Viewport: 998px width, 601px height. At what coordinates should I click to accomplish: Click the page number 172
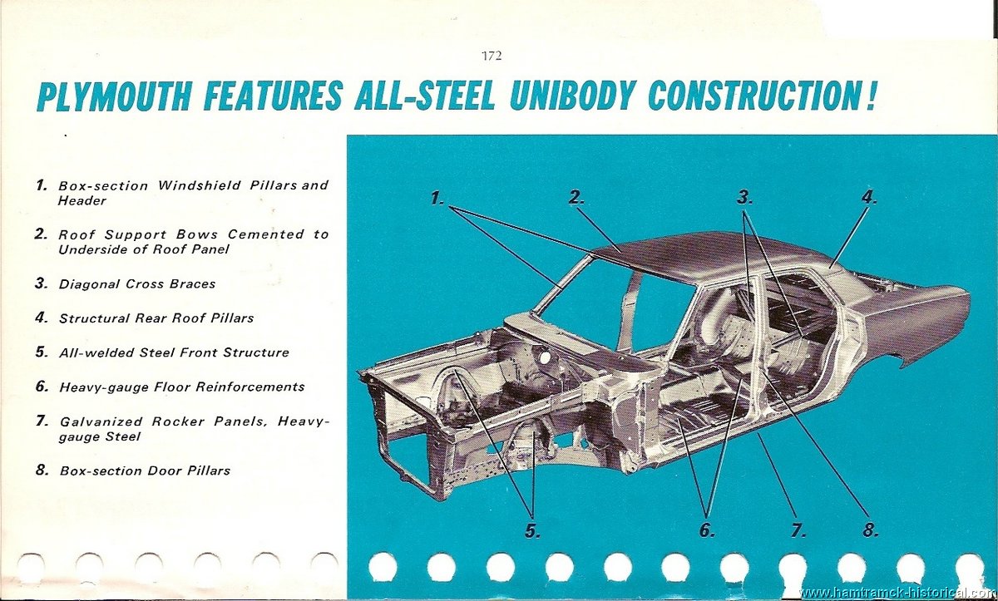(492, 56)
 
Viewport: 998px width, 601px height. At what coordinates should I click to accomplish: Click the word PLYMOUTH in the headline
(115, 96)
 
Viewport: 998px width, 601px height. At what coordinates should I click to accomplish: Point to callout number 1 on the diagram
(437, 198)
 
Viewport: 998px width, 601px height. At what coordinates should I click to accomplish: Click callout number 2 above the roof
(576, 197)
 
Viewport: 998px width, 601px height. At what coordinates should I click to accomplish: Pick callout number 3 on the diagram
(744, 197)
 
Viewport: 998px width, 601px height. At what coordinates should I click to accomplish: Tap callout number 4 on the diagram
(869, 197)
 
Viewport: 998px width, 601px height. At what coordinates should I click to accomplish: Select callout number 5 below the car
(533, 530)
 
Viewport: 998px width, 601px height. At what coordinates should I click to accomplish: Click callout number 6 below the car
(707, 530)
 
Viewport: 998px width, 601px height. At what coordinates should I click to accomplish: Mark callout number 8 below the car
(871, 530)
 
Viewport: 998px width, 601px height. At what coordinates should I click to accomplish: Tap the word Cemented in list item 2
(266, 234)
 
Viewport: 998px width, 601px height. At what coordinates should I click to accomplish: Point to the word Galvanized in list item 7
(101, 421)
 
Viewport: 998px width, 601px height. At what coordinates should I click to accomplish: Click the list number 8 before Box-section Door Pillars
(42, 470)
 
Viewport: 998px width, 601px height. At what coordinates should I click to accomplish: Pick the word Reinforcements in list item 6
(250, 387)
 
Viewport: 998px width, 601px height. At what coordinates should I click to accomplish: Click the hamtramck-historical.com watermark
(897, 593)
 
